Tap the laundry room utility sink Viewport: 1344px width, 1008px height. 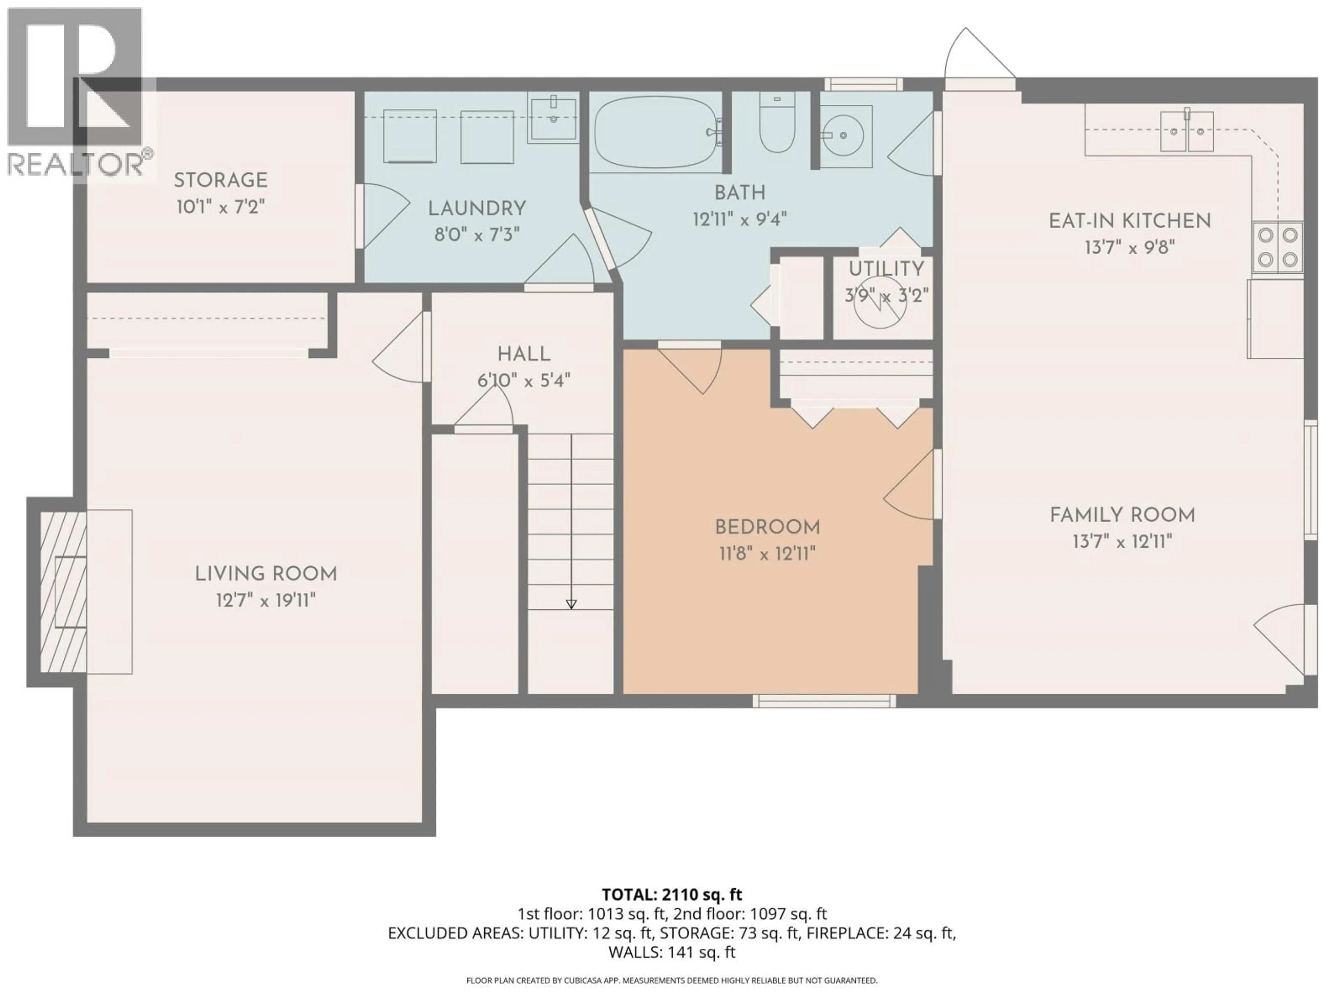552,119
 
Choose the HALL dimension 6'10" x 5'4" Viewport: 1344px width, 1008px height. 524,381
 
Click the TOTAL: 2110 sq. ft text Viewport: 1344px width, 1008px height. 671,894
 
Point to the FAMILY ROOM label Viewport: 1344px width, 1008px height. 1122,515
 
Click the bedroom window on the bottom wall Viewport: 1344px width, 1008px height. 824,701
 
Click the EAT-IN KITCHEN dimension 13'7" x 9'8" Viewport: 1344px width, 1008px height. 1129,248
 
